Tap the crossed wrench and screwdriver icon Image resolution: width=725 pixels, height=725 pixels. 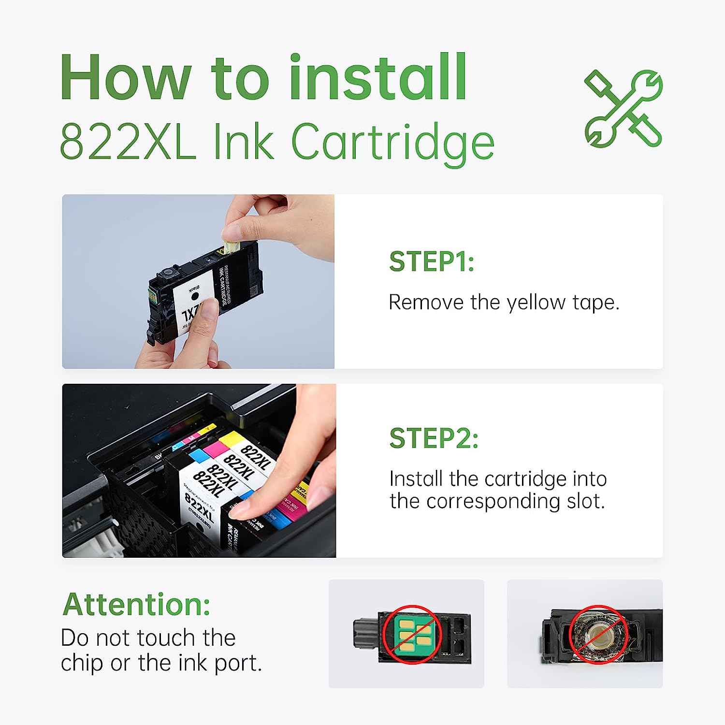click(623, 109)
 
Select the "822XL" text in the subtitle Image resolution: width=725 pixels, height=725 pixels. click(128, 142)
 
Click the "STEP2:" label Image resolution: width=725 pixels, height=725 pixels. click(434, 438)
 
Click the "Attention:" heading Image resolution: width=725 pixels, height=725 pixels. click(137, 604)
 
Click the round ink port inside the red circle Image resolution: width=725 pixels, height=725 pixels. click(597, 634)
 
